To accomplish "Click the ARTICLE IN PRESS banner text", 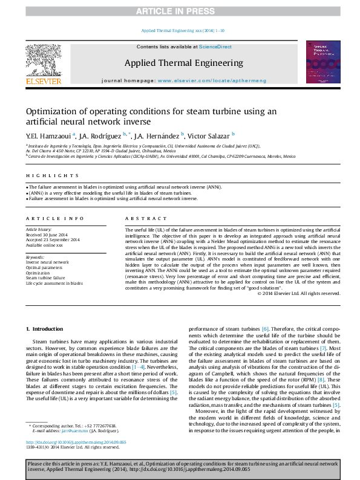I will coord(180,11).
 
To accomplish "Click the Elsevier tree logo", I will coord(43,60).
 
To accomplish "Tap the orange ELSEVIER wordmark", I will coord(43,81).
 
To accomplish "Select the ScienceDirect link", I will coord(215,47).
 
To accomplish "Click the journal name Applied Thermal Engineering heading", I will coord(183,63).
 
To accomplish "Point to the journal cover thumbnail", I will coord(323,62).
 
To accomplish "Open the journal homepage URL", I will coord(209,80).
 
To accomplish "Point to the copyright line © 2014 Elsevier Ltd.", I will coord(299,293).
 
